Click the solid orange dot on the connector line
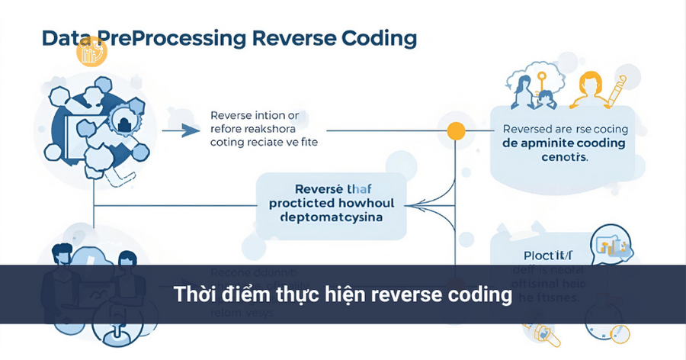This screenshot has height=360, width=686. coord(455,130)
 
